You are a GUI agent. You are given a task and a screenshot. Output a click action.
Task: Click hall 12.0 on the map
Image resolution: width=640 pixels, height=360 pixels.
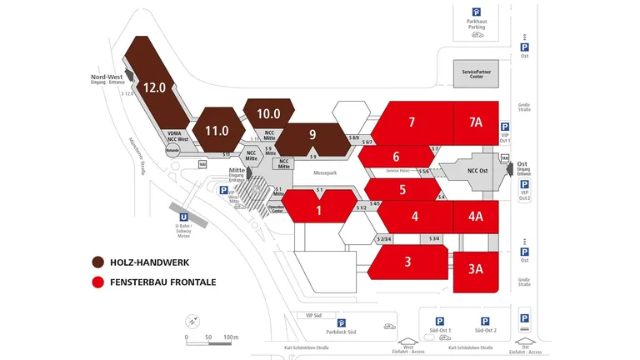click(x=155, y=86)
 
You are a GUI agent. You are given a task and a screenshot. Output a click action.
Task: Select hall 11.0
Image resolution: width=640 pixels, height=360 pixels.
click(x=217, y=131)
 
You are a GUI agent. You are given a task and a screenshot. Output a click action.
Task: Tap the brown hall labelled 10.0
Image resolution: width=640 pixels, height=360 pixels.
click(x=268, y=114)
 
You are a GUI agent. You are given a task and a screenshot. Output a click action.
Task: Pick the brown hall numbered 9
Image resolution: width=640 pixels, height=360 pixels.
click(x=312, y=135)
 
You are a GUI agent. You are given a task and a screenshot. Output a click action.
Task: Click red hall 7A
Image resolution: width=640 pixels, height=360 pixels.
click(x=475, y=122)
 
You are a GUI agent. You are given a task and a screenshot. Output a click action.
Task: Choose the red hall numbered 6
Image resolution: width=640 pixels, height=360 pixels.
click(x=397, y=157)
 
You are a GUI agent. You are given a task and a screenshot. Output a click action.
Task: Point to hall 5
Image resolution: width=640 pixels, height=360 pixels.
click(x=402, y=189)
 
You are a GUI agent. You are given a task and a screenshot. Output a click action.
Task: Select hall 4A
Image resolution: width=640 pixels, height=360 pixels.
click(x=475, y=217)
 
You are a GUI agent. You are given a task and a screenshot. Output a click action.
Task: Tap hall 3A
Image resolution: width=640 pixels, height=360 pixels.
click(x=475, y=268)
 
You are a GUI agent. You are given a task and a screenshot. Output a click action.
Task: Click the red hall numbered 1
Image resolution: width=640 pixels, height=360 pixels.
click(x=318, y=210)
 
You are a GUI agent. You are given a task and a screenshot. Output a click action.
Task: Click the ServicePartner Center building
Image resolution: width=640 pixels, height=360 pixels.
click(x=477, y=73)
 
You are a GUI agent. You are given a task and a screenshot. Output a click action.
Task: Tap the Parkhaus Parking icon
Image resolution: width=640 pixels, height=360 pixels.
click(x=477, y=12)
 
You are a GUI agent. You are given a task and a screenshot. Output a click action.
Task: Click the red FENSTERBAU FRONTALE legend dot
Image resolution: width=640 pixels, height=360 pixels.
click(x=98, y=282)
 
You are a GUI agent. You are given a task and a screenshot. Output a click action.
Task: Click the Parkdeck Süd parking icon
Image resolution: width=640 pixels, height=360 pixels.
click(x=341, y=322)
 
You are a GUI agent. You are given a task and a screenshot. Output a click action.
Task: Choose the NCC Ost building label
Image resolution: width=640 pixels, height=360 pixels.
click(x=477, y=171)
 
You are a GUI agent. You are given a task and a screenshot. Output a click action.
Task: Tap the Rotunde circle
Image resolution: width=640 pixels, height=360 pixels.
click(x=172, y=151)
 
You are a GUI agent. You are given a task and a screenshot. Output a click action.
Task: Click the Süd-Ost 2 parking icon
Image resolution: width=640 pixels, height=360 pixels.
click(x=483, y=321)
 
